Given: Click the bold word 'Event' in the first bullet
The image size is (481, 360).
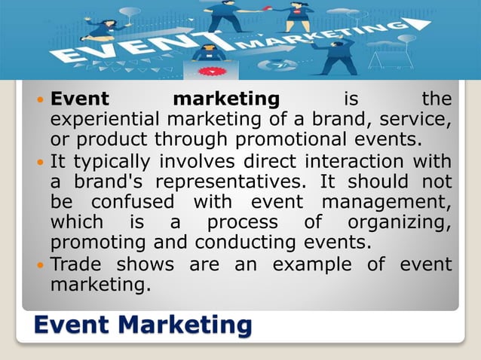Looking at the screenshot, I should (x=80, y=99).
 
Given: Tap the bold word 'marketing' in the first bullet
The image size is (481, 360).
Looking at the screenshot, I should (x=226, y=99).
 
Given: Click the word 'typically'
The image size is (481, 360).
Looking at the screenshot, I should (x=116, y=161).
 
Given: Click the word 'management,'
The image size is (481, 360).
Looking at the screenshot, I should (x=387, y=203).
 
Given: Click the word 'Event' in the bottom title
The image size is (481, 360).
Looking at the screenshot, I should (x=75, y=325).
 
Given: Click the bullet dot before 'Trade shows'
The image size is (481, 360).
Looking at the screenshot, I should (x=41, y=265).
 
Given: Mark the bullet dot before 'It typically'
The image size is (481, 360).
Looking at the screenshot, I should (x=41, y=161).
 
